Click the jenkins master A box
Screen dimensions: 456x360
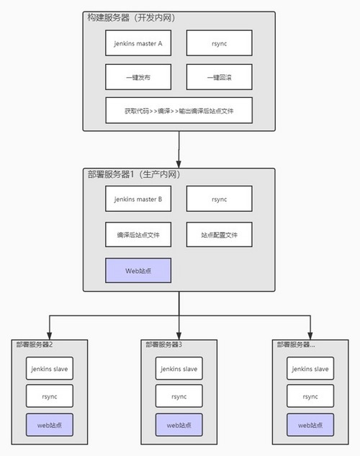click(138, 43)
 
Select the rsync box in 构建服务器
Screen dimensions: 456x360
click(220, 43)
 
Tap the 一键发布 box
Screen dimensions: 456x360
click(138, 76)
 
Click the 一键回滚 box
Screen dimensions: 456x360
click(220, 76)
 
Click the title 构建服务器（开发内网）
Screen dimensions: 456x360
click(138, 17)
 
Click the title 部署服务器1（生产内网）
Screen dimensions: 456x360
click(134, 175)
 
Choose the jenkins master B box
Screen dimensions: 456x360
click(138, 199)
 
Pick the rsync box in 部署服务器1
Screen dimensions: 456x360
click(220, 199)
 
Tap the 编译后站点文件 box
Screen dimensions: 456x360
click(138, 234)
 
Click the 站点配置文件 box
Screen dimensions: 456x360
click(220, 234)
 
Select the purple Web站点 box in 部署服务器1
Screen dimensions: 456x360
click(138, 270)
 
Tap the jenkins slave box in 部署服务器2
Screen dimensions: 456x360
click(50, 369)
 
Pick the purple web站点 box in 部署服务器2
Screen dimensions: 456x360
click(50, 425)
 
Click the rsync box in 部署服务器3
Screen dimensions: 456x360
click(179, 396)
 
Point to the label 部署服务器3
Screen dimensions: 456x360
click(163, 344)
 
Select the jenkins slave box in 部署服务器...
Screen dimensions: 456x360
click(310, 369)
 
